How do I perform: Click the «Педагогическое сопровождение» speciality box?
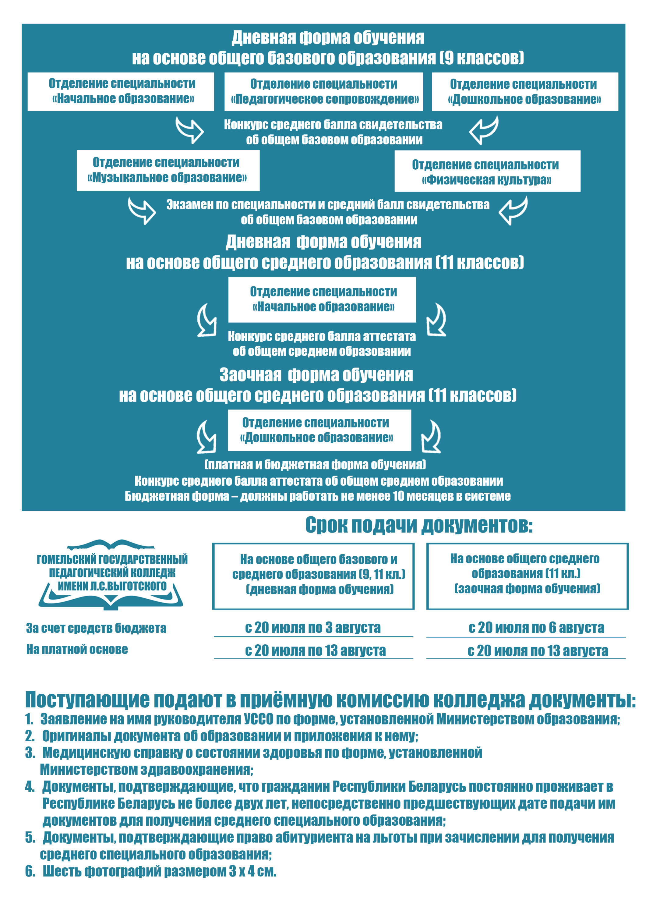(323, 92)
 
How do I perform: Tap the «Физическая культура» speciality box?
(487, 171)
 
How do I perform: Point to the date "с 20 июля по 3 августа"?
(313, 628)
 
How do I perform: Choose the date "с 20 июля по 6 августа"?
(536, 628)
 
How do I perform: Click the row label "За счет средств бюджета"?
(96, 628)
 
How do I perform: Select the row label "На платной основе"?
(77, 649)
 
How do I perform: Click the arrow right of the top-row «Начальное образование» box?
(190, 129)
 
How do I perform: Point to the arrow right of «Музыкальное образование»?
(142, 210)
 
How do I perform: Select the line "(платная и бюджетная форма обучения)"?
(315, 465)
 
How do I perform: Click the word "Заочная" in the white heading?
(250, 375)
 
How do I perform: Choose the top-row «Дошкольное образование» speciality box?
(524, 92)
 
